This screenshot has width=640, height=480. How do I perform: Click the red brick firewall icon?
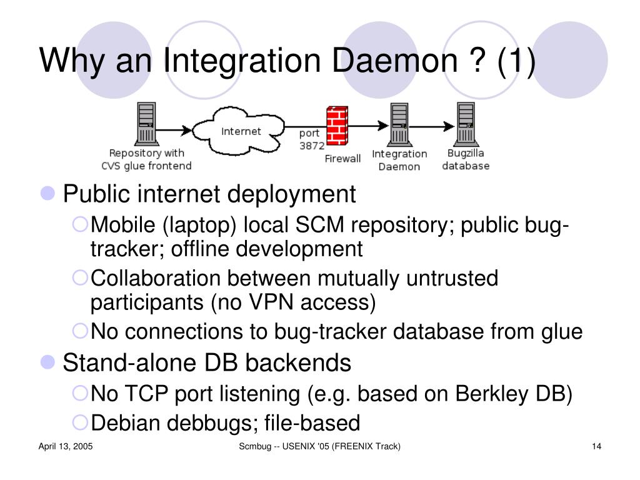coord(336,126)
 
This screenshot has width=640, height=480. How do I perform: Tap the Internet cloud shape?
coord(241,131)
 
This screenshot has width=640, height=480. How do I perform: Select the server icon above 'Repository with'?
coord(146,124)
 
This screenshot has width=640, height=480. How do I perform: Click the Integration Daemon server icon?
coord(399,125)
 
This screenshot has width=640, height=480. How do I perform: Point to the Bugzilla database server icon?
coord(465,124)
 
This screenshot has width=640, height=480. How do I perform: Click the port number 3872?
coord(311,146)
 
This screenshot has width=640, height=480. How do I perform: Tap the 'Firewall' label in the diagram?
coord(342,159)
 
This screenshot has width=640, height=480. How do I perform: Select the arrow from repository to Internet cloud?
coord(175,130)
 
